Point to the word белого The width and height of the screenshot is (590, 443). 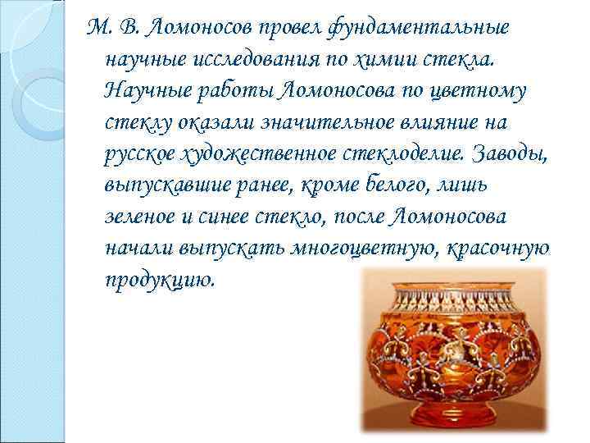coord(396,186)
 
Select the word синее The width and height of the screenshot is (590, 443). coord(226,217)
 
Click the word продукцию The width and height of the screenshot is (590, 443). coord(160,281)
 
